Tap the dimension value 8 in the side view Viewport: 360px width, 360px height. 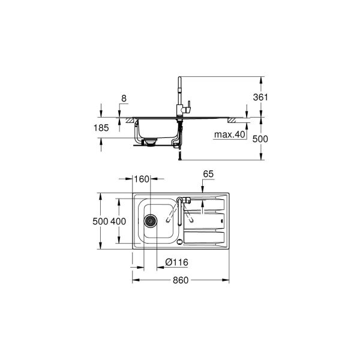[x=124, y=97]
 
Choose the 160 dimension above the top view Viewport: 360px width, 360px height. [x=142, y=179]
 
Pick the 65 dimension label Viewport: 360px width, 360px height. [x=208, y=174]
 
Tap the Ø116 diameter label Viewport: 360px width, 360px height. [x=177, y=262]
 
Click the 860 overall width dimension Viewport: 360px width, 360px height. [x=181, y=280]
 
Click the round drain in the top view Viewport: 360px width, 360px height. [x=151, y=221]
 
